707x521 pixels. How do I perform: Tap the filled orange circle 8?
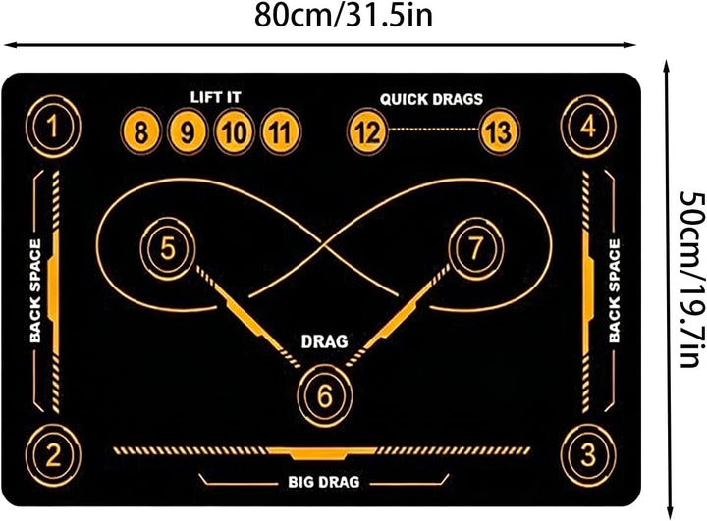(x=141, y=132)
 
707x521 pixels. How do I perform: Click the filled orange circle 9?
(x=188, y=132)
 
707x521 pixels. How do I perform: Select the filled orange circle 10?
(x=234, y=132)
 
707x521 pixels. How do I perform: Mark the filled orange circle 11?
(x=280, y=132)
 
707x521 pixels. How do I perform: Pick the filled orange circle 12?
(x=367, y=132)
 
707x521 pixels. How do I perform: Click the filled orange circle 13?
(x=499, y=132)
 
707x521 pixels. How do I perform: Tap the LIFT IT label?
(x=215, y=97)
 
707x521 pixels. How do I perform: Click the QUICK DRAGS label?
(x=431, y=99)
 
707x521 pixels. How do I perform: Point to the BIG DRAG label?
(x=324, y=482)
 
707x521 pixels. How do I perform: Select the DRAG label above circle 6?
(x=325, y=341)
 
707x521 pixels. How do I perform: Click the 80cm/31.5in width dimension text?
(x=344, y=16)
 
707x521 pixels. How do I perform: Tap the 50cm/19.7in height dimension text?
(x=693, y=280)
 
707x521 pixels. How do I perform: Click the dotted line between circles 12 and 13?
(x=433, y=130)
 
